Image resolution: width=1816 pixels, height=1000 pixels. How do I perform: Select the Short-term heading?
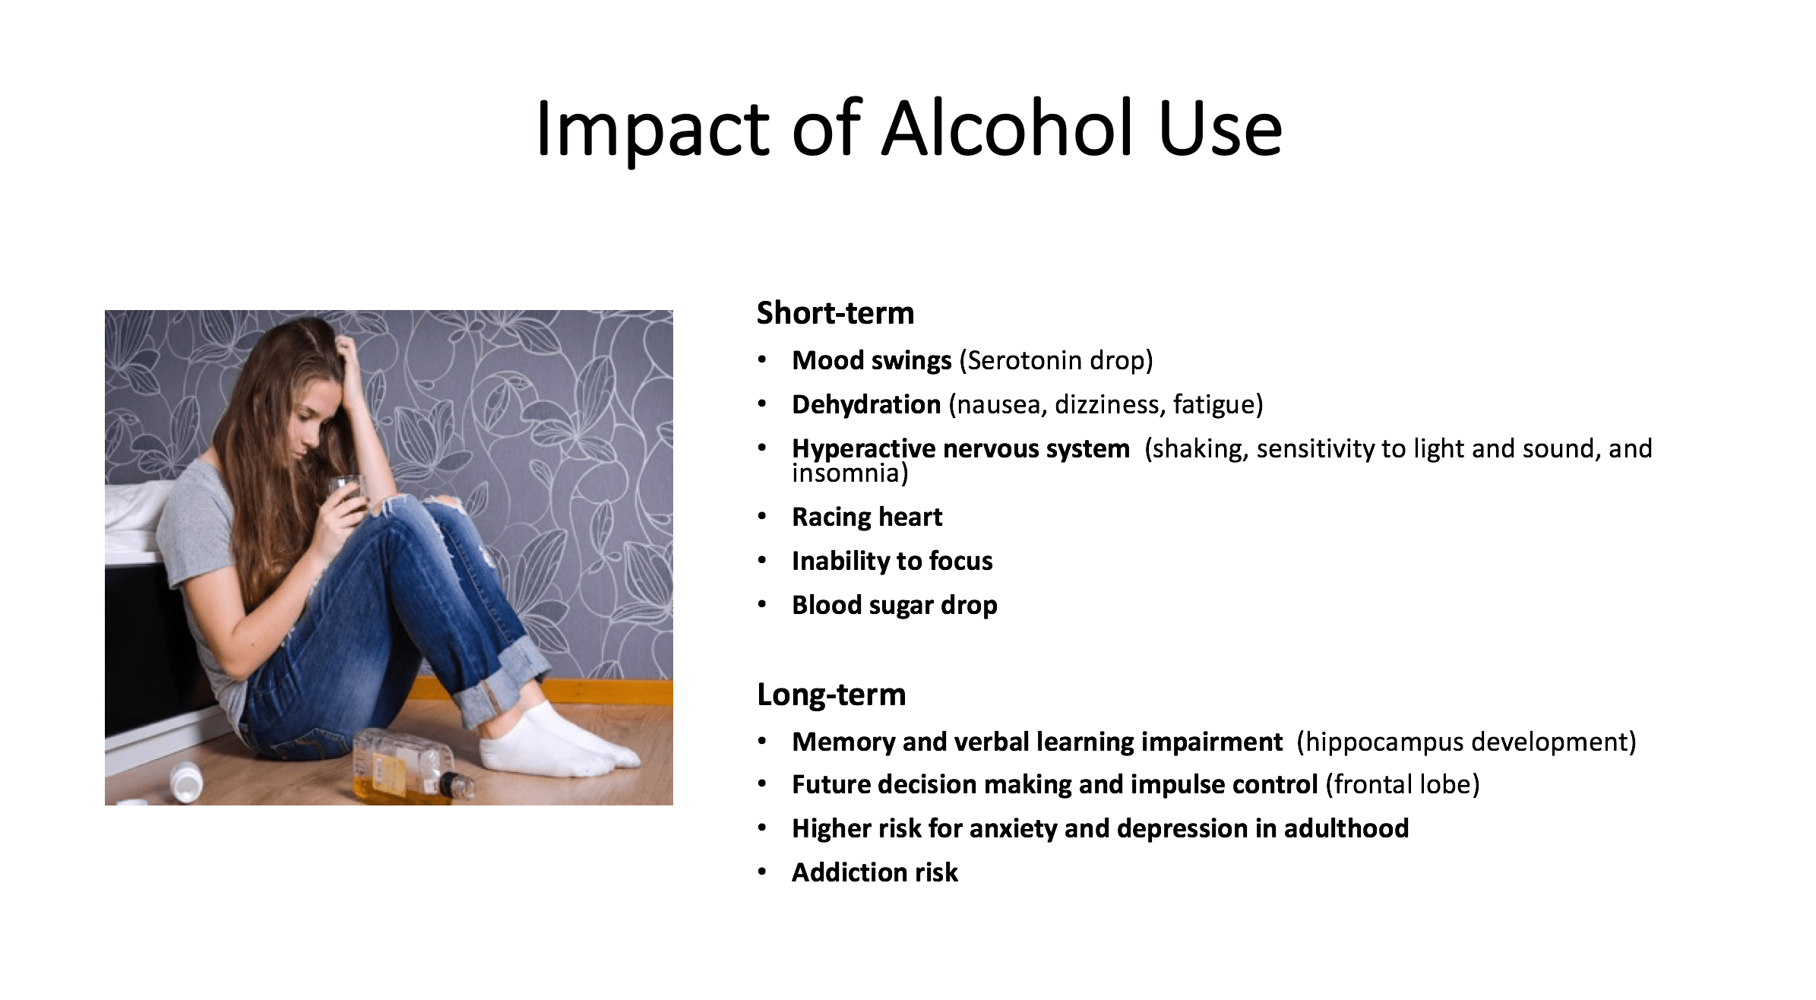(x=835, y=313)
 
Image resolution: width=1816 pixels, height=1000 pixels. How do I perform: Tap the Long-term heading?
(x=831, y=695)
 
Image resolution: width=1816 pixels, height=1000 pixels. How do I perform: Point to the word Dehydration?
(x=866, y=404)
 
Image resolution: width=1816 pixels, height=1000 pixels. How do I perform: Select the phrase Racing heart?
(x=867, y=517)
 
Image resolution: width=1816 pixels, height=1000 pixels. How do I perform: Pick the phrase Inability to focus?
(x=892, y=562)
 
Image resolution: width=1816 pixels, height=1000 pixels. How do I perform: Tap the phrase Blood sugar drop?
(x=894, y=606)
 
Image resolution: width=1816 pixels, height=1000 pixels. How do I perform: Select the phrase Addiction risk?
(x=875, y=872)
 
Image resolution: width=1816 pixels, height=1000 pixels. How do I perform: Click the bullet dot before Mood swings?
(x=762, y=360)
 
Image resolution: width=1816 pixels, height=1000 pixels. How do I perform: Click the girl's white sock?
(x=558, y=740)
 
